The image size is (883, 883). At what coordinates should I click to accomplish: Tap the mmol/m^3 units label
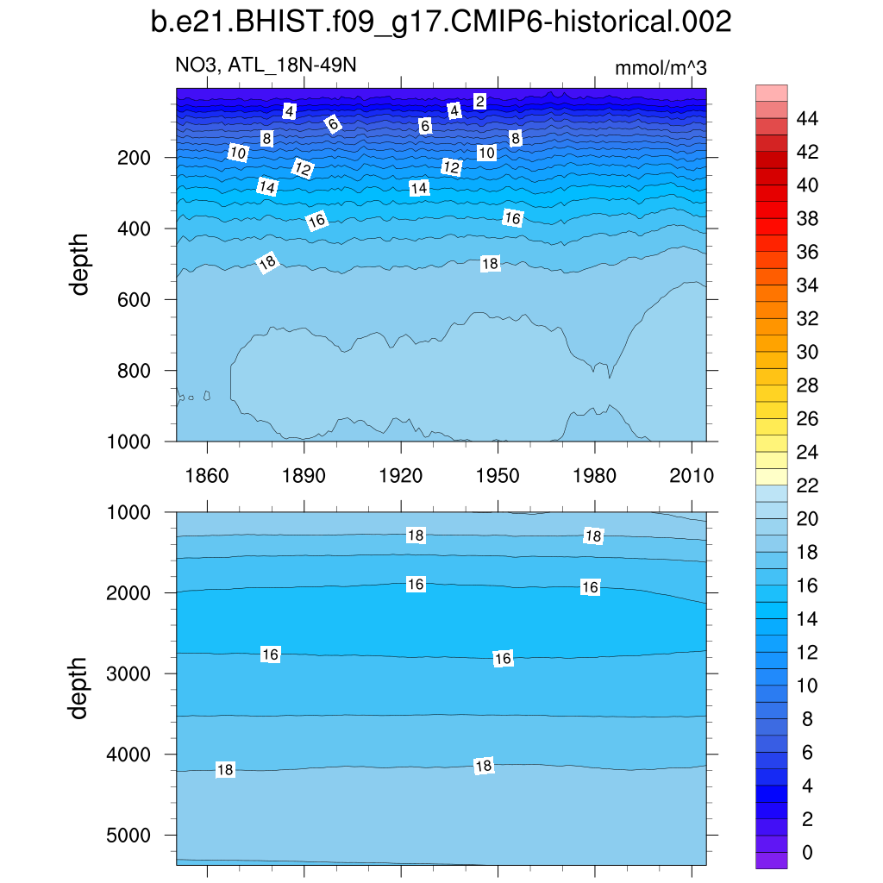pos(661,68)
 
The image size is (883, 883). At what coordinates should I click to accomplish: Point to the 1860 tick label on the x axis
pos(207,477)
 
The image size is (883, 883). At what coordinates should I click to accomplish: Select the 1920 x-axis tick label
pos(401,477)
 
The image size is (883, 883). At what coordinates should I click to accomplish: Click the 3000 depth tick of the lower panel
pos(129,673)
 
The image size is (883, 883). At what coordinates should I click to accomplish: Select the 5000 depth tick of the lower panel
pos(129,836)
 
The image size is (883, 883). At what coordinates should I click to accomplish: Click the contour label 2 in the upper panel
pos(480,102)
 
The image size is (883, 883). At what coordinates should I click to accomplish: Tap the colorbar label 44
pos(807,118)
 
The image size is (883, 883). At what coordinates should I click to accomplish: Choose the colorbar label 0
pos(807,853)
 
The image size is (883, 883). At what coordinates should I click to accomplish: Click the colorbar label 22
pos(807,485)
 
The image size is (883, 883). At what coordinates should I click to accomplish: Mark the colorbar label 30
pos(807,352)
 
